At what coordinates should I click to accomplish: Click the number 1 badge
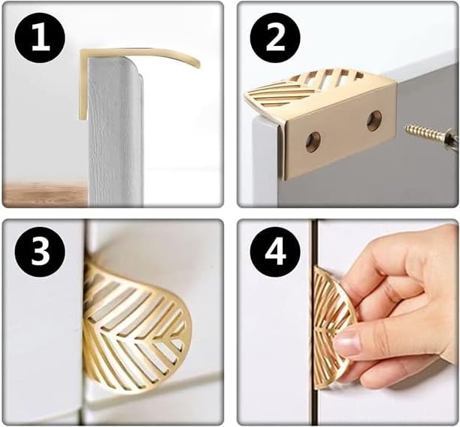(40, 38)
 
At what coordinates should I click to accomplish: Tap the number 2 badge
(275, 38)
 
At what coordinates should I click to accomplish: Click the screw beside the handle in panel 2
(431, 135)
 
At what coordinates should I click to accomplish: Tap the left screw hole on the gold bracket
(313, 141)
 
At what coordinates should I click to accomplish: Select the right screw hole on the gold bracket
(374, 120)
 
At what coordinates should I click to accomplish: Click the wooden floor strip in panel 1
(45, 193)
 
